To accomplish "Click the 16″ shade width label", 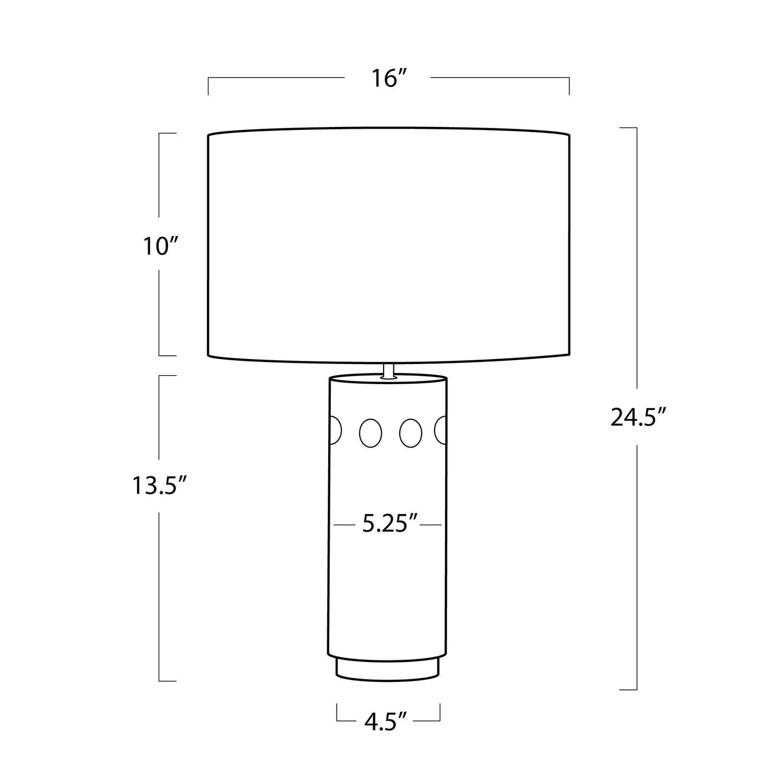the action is pyautogui.click(x=389, y=79).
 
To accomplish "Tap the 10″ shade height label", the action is pyautogui.click(x=161, y=246).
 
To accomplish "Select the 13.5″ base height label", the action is pyautogui.click(x=160, y=486).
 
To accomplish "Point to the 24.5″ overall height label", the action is pyautogui.click(x=638, y=417).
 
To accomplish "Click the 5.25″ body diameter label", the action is pyautogui.click(x=390, y=525).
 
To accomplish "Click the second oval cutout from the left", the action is pyautogui.click(x=370, y=433).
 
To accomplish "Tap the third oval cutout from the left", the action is pyautogui.click(x=411, y=433).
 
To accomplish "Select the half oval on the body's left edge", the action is pyautogui.click(x=335, y=431).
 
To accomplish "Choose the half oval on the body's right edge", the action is pyautogui.click(x=441, y=430).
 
